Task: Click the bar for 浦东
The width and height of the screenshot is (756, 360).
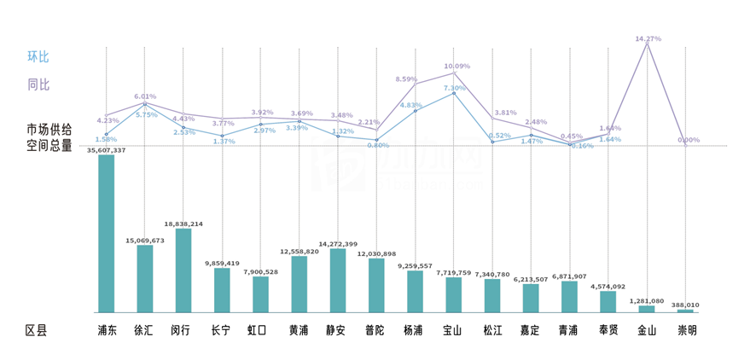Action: tap(106, 233)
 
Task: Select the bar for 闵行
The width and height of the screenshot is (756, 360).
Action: tap(183, 270)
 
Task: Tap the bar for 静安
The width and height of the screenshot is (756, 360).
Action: tap(338, 280)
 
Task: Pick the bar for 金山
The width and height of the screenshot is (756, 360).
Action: tap(647, 309)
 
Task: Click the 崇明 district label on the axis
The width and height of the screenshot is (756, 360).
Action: tap(686, 330)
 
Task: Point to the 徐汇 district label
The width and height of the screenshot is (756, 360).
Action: tap(144, 330)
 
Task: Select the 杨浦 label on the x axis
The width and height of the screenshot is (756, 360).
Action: tap(415, 330)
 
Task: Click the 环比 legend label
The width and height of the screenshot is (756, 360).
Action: tap(38, 57)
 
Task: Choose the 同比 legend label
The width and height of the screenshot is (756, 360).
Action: tap(38, 84)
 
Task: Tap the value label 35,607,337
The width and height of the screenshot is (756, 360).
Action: tap(106, 150)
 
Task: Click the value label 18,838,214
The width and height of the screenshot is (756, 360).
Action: tap(183, 224)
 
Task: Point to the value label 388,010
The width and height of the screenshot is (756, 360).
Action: tap(685, 305)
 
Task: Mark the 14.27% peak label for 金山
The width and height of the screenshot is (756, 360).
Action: tap(648, 38)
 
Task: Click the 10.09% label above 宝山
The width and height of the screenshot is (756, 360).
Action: tap(457, 66)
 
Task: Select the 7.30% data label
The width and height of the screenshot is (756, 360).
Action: tap(454, 88)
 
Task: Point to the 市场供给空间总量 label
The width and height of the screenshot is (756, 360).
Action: tap(49, 137)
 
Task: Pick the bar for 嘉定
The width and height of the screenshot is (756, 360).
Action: tap(531, 298)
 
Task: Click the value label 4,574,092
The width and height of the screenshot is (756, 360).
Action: tap(608, 287)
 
